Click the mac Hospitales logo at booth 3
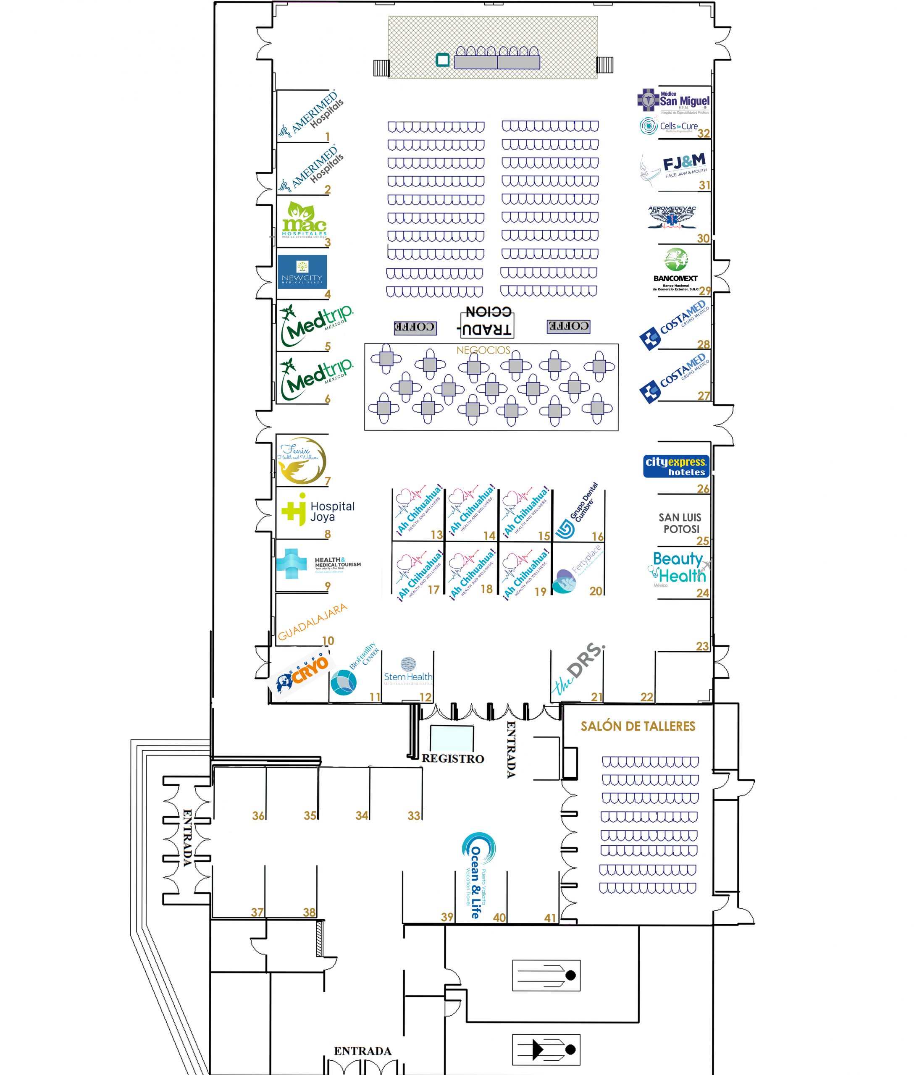[304, 220]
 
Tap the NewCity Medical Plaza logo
[302, 271]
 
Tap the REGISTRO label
[452, 758]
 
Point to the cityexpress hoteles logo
[676, 466]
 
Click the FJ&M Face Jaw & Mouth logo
[674, 166]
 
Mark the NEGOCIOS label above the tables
[483, 350]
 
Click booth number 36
[258, 815]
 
